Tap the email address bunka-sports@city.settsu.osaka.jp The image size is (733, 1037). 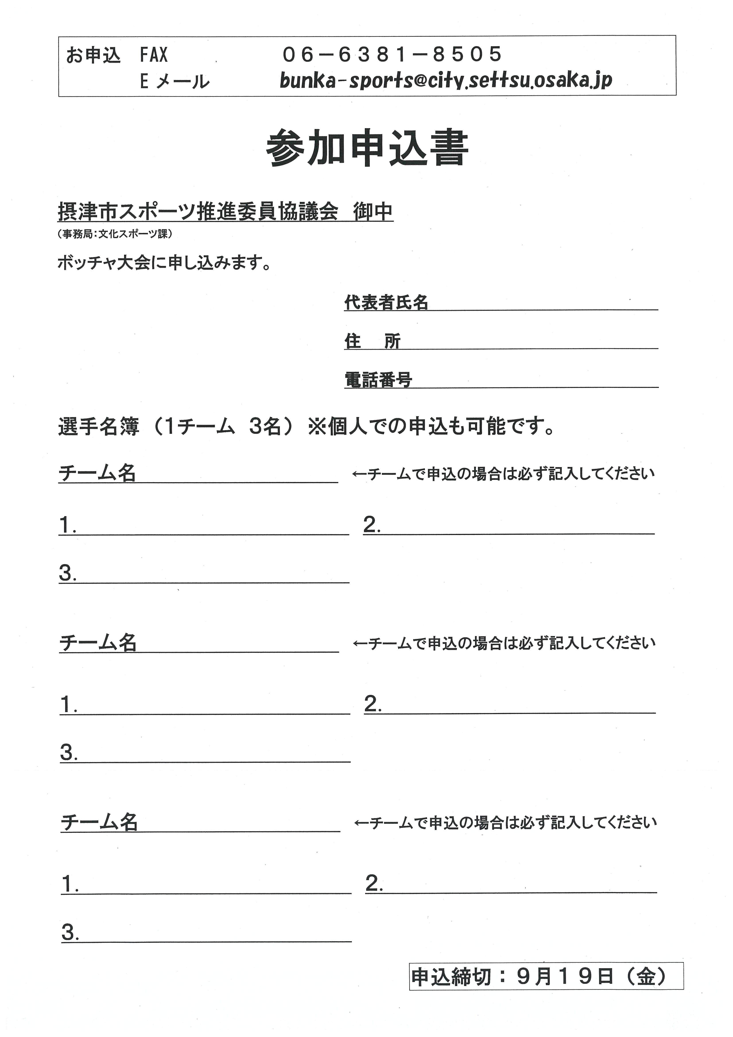pyautogui.click(x=446, y=80)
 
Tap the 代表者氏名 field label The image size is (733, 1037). pyautogui.click(x=386, y=302)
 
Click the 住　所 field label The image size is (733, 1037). pyautogui.click(x=372, y=341)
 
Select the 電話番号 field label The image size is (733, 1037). pyautogui.click(x=378, y=380)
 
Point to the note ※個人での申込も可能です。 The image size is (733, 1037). pyautogui.click(x=431, y=426)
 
